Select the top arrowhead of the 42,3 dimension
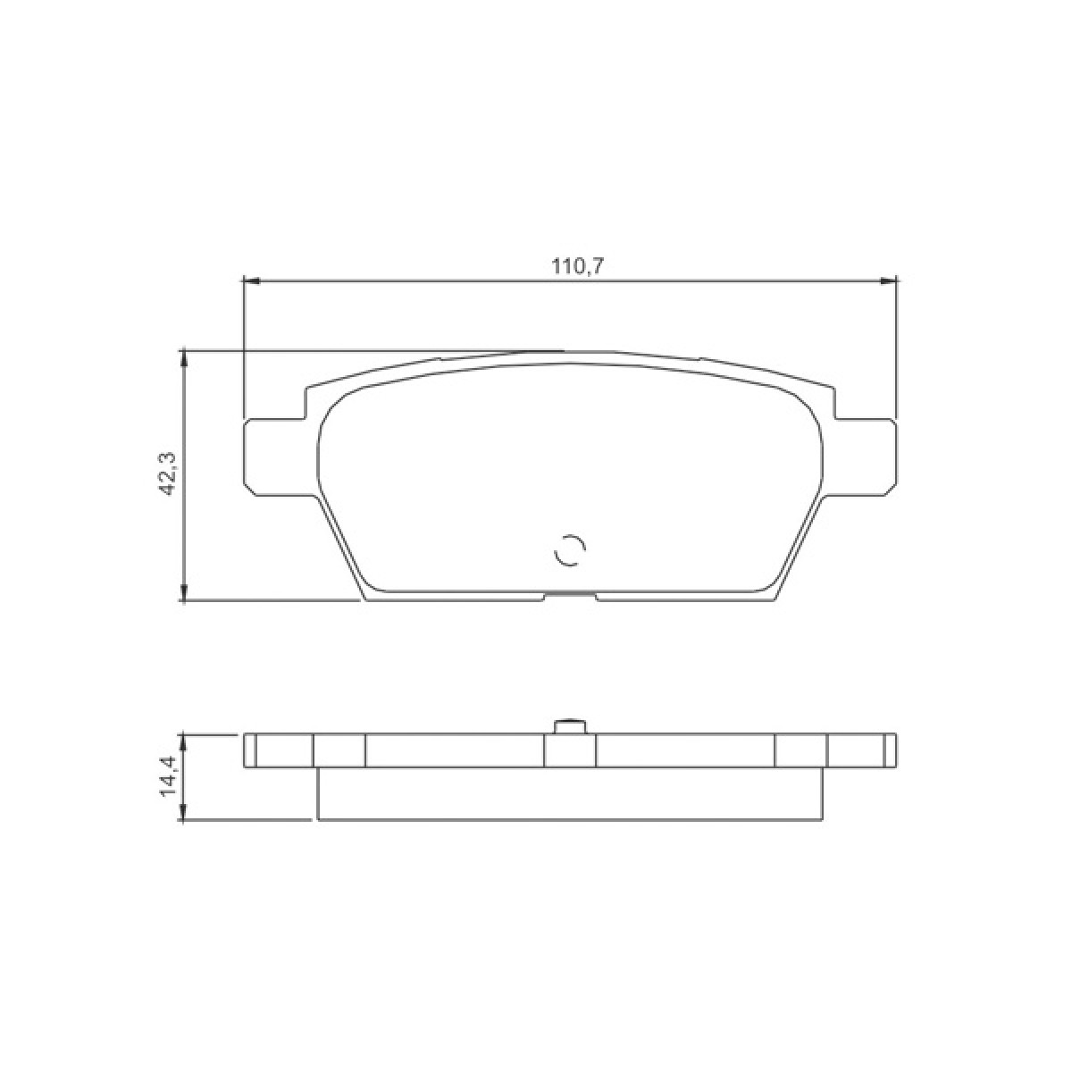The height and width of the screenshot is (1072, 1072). (184, 357)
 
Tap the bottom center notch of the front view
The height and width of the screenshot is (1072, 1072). (569, 596)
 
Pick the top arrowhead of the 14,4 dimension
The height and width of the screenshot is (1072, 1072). (184, 741)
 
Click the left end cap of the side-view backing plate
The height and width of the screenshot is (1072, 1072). (250, 750)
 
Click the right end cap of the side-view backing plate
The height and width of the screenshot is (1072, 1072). (890, 750)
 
